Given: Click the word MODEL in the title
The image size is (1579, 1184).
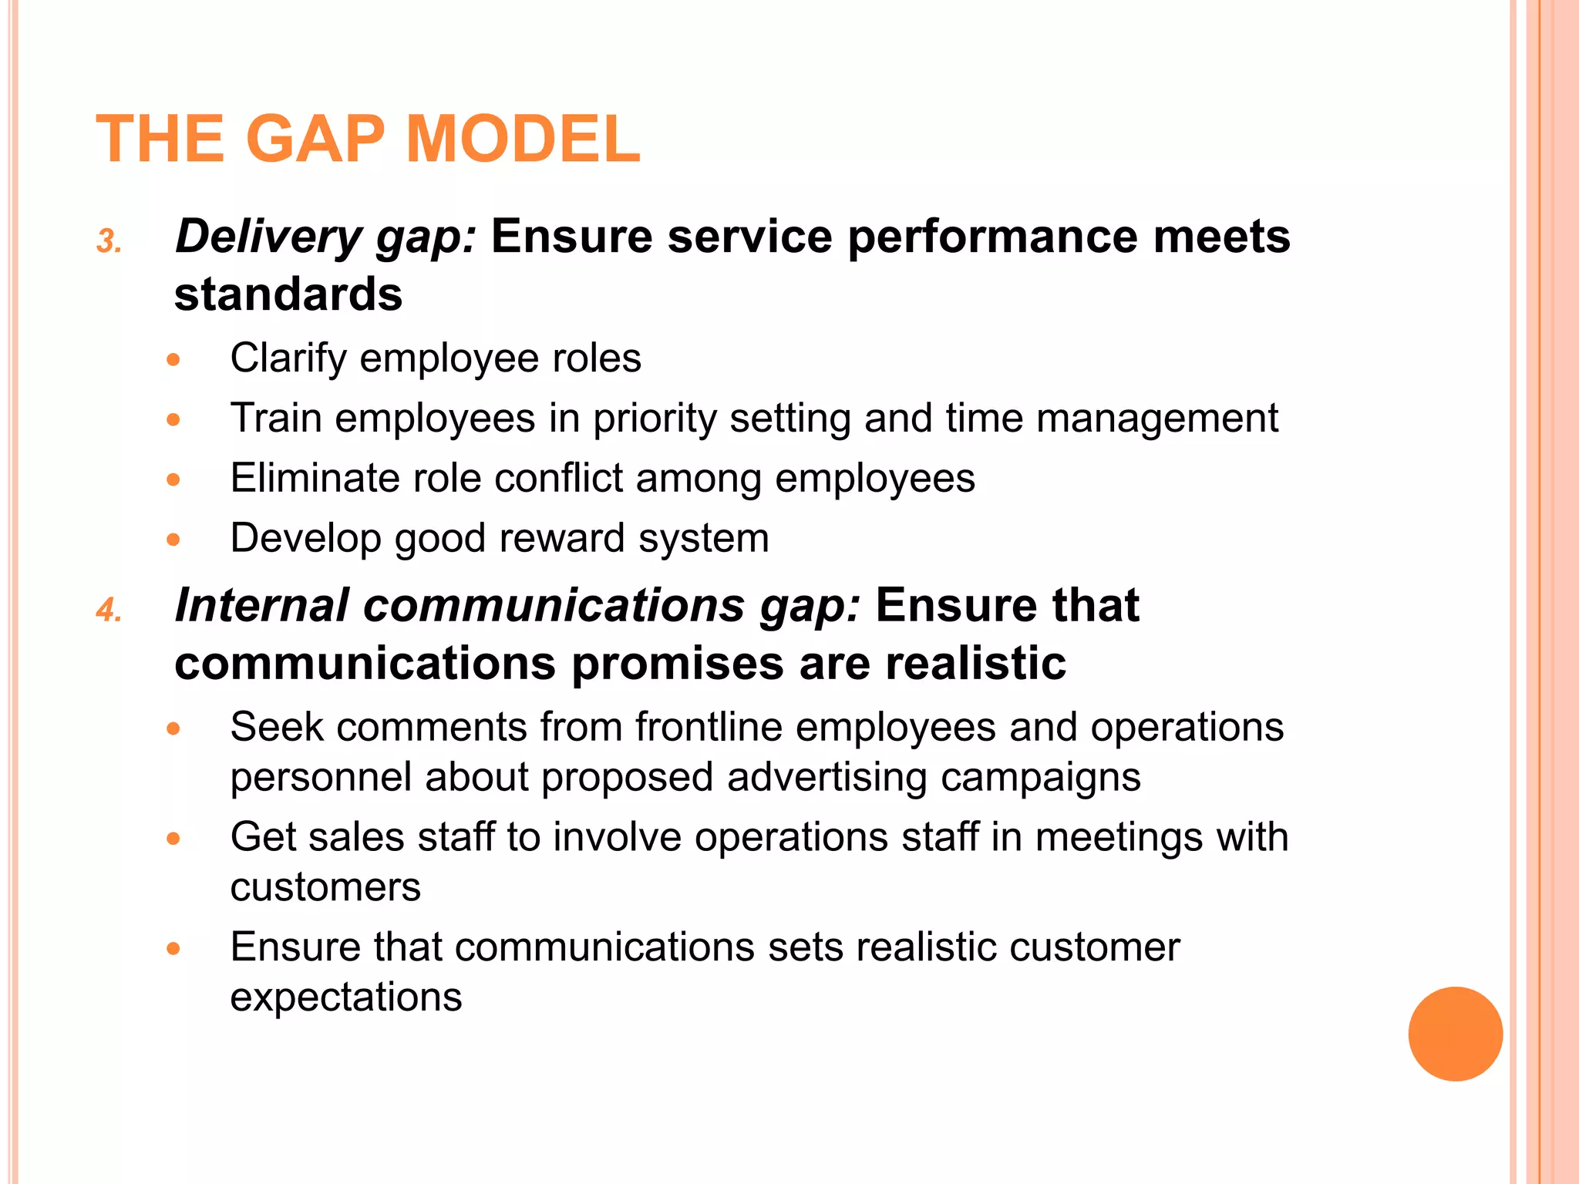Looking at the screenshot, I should [522, 140].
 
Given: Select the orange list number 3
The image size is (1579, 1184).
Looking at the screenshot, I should [108, 242].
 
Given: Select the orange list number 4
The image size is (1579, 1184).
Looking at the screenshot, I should [108, 610].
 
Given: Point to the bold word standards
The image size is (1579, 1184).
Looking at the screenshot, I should [288, 294].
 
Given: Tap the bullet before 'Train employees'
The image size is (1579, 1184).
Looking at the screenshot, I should [173, 420].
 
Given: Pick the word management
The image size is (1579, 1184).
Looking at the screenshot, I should [1156, 419].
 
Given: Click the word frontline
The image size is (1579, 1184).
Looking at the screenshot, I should [709, 727].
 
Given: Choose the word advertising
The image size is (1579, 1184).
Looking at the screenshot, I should [827, 777].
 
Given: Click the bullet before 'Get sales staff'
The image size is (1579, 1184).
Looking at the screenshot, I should [173, 839].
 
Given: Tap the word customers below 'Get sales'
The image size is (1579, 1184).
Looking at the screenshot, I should [325, 887].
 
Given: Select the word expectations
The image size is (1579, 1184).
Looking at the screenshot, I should [346, 997].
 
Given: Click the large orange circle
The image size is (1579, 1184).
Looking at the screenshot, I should [1455, 1034].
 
